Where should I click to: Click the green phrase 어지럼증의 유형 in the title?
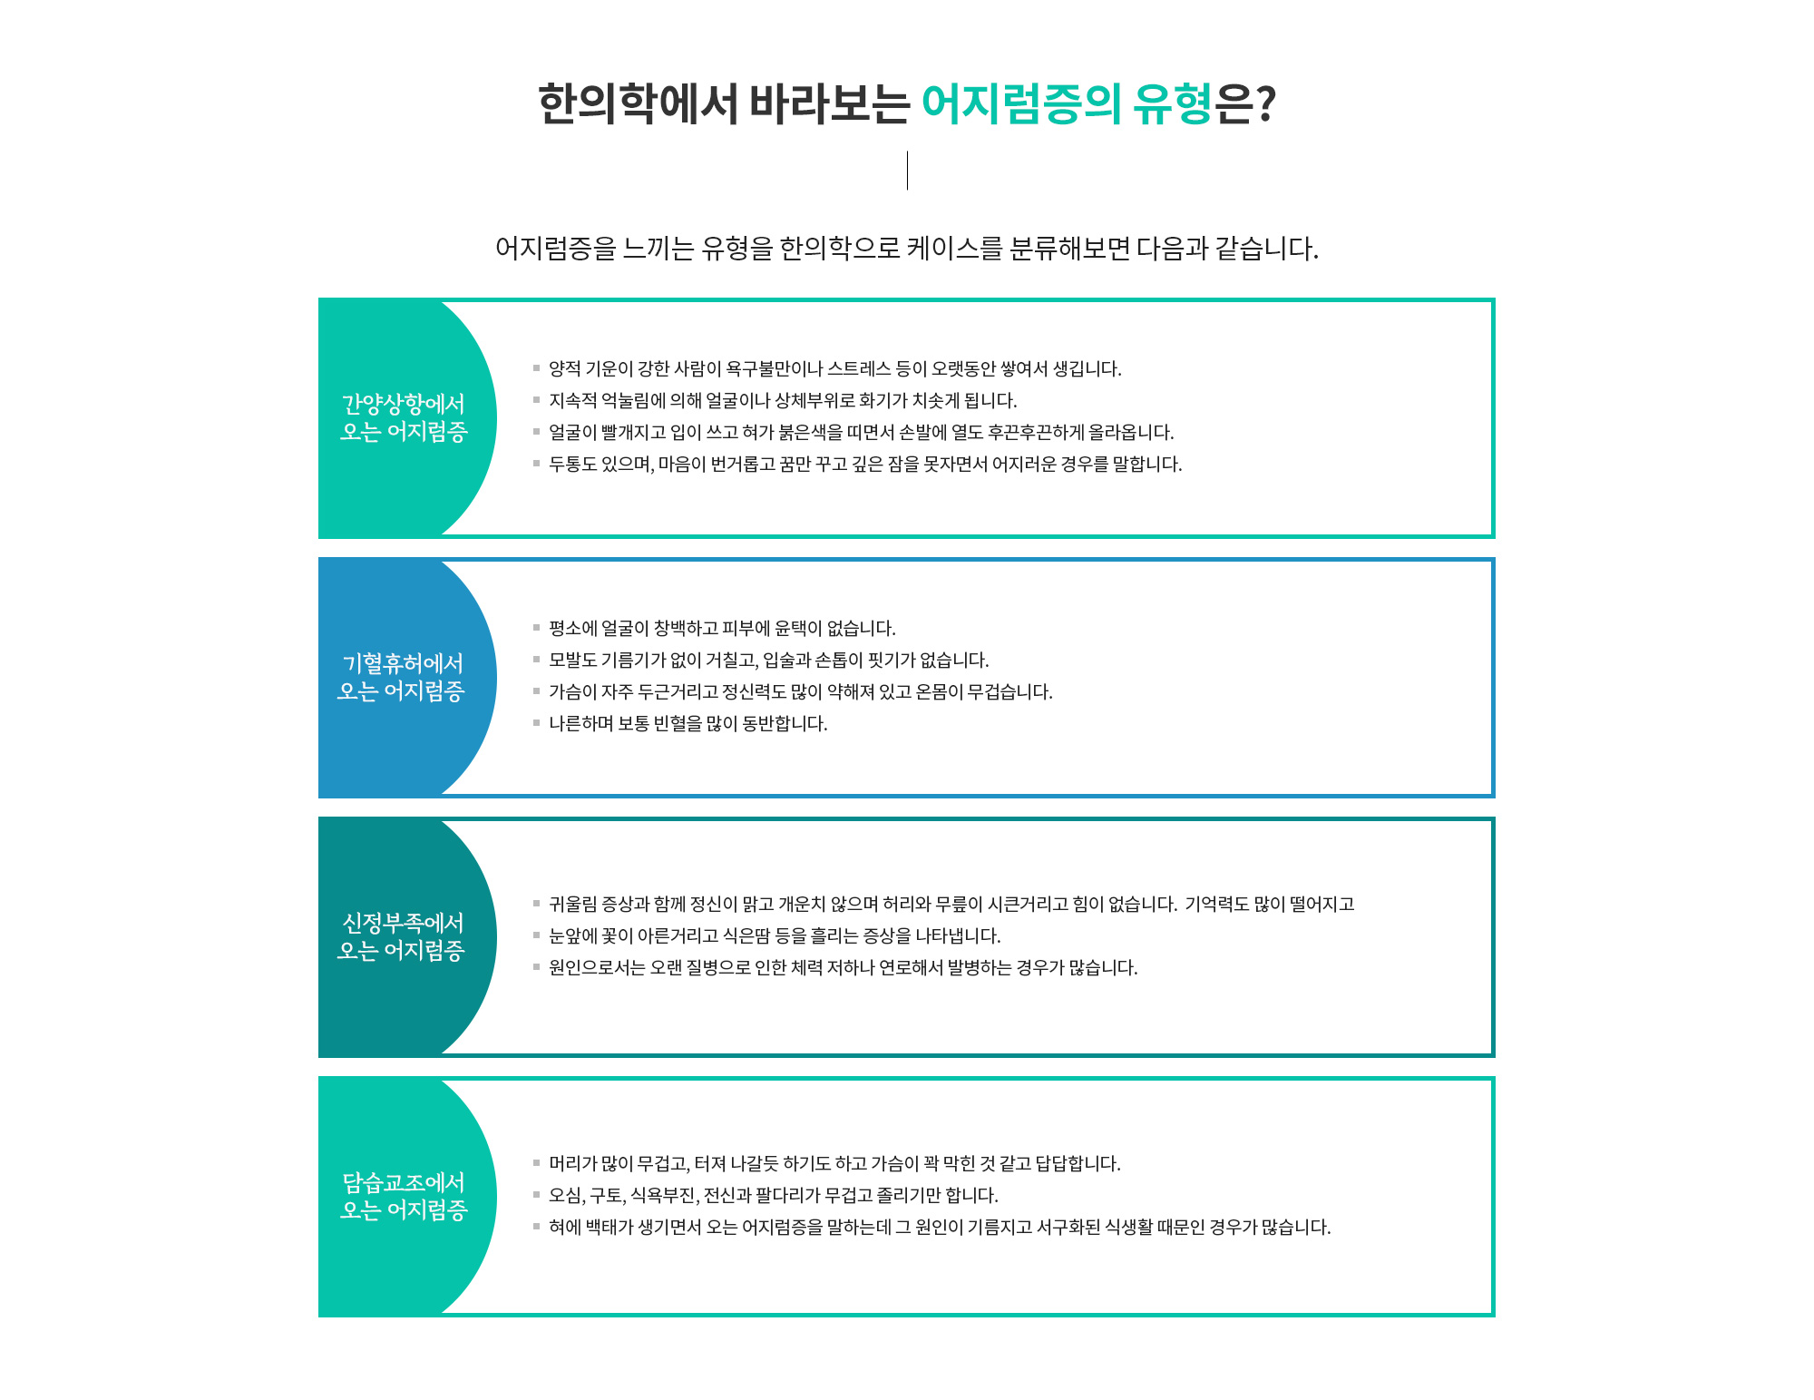coord(1067,103)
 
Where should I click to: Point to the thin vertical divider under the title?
coord(907,171)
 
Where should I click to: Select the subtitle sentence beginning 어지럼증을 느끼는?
coord(907,248)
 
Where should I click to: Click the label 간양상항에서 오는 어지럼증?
coord(404,417)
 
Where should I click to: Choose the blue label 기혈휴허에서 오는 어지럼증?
coord(402,677)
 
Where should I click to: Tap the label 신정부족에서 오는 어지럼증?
coord(402,936)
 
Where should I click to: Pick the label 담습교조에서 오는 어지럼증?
coord(404,1196)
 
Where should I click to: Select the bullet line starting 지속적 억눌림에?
coord(783,400)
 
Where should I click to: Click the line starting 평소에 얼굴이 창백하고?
coord(722,628)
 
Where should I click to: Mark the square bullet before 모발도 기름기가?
coord(536,660)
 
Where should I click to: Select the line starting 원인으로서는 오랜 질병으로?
coord(844,967)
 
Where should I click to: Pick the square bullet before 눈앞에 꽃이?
coord(536,935)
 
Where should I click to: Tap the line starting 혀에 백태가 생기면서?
coord(940,1227)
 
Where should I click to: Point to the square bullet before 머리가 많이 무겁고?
coord(536,1163)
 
